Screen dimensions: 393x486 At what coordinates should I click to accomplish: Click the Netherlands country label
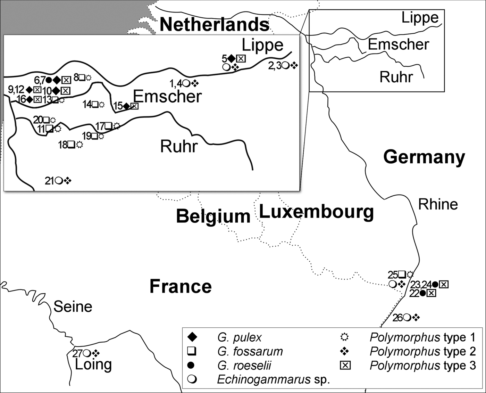pos(214,25)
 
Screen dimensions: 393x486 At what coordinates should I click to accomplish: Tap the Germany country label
pos(424,157)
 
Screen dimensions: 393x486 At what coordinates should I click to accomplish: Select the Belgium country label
pos(213,216)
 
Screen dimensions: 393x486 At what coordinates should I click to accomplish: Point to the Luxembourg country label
pos(316,212)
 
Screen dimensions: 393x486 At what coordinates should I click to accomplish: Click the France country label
pos(181,287)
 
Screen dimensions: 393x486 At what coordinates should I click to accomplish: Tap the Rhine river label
pos(438,204)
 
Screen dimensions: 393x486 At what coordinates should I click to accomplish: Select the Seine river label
pos(73,306)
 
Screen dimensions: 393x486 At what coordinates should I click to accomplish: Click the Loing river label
pos(93,365)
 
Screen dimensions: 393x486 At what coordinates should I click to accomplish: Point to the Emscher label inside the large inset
pos(167,96)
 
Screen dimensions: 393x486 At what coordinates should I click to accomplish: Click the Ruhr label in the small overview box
pos(396,77)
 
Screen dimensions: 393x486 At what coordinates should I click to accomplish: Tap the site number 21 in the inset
pos(49,181)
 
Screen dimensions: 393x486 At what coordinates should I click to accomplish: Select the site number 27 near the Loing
pos(77,353)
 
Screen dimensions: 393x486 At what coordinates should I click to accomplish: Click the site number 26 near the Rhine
pos(397,318)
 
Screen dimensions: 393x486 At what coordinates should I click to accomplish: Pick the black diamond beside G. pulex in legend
pos(192,337)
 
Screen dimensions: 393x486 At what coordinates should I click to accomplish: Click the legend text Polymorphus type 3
pos(422,366)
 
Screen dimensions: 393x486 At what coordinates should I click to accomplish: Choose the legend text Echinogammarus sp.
pos(273,379)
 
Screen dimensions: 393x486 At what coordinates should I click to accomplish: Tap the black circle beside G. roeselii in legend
pos(192,366)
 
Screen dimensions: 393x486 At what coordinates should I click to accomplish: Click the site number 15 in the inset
pos(118,106)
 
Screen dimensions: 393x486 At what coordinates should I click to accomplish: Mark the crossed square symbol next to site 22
pos(431,293)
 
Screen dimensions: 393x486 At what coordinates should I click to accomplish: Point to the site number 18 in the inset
pos(62,145)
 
